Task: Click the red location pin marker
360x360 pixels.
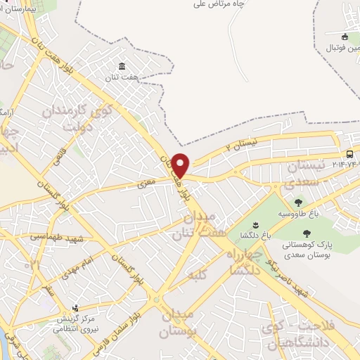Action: click(181, 165)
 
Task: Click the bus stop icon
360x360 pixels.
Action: click(350, 155)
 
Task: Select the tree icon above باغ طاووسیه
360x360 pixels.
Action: click(299, 202)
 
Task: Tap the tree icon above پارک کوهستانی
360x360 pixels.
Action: click(306, 233)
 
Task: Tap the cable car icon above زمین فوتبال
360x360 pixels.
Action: click(344, 37)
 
